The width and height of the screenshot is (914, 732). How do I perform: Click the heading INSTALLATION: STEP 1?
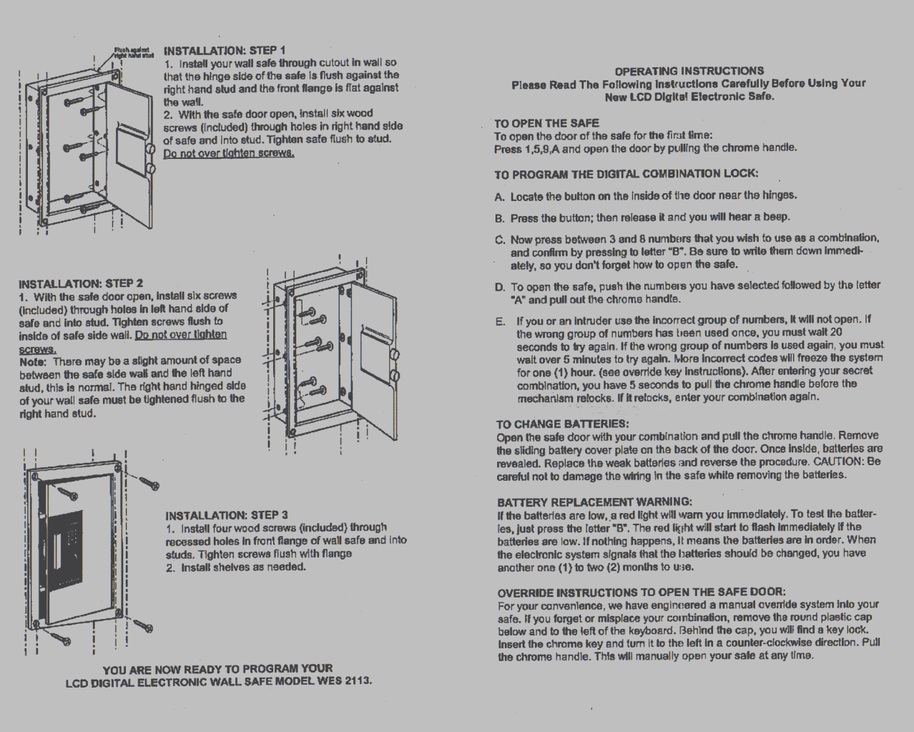click(x=225, y=50)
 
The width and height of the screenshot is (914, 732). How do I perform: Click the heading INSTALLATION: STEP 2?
click(x=81, y=283)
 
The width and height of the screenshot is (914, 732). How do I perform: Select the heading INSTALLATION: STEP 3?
click(x=227, y=514)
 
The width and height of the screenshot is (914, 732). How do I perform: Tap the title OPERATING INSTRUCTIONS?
click(x=689, y=70)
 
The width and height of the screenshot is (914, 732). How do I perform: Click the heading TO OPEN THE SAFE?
click(x=546, y=122)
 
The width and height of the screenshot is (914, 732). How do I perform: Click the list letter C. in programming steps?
click(x=500, y=239)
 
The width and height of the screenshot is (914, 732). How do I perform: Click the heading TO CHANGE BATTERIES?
click(x=562, y=424)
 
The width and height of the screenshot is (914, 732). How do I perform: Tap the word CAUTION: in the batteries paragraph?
click(x=837, y=462)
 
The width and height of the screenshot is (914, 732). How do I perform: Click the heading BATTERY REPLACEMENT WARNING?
click(x=594, y=502)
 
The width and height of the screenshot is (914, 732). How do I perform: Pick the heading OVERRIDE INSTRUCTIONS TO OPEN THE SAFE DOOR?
click(x=641, y=592)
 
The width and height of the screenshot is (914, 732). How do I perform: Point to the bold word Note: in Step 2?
click(x=33, y=361)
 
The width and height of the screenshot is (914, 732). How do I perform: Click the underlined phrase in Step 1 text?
click(x=229, y=152)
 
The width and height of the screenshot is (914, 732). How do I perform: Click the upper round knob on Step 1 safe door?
click(x=151, y=150)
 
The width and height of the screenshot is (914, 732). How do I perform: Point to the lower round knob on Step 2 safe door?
click(x=395, y=375)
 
